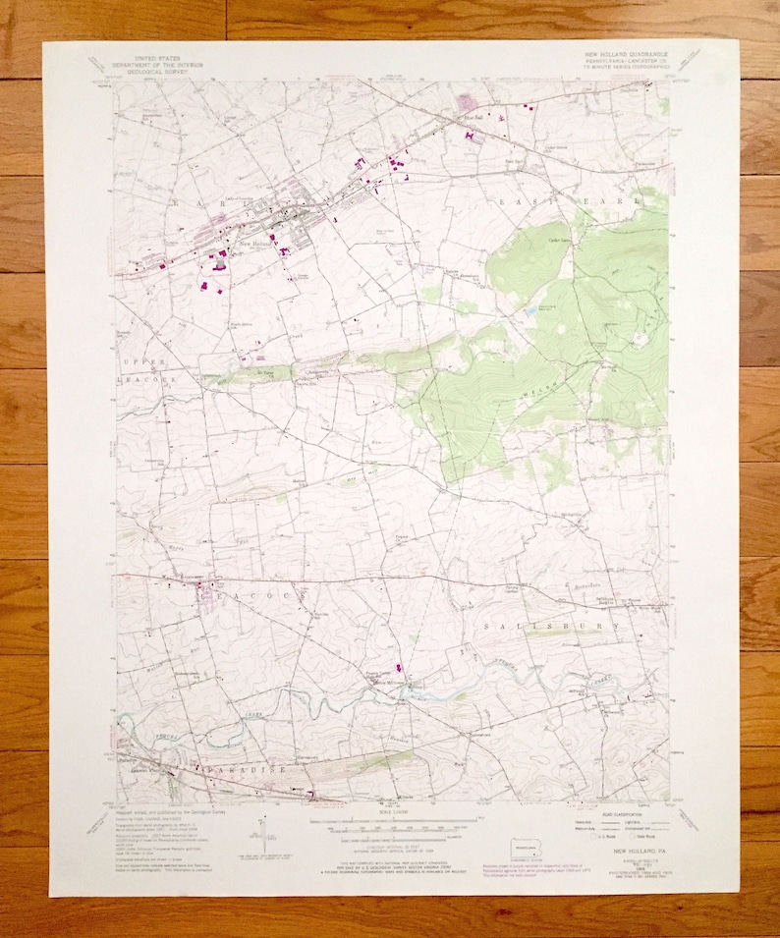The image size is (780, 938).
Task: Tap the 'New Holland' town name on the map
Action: [x=255, y=243]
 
